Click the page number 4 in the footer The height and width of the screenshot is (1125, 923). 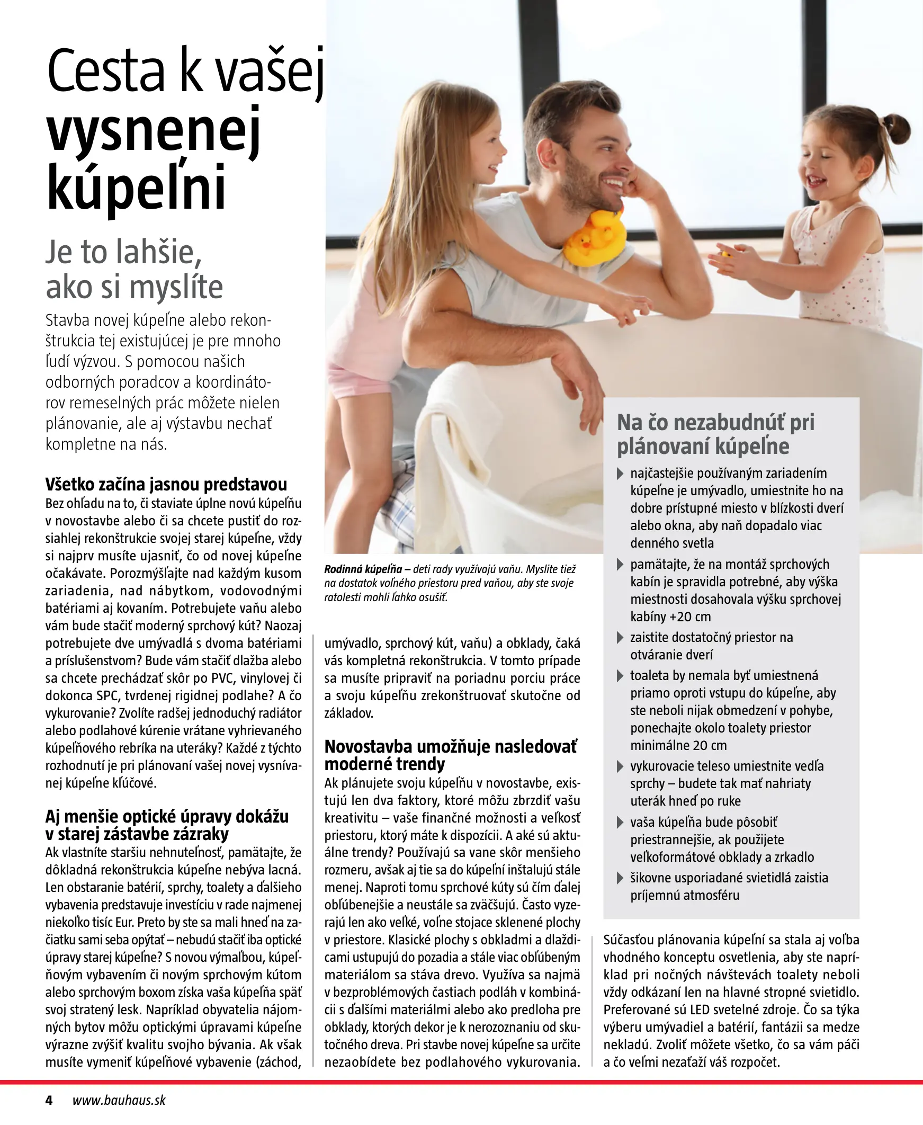click(x=49, y=1100)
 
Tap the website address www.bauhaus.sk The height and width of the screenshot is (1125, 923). click(x=119, y=1100)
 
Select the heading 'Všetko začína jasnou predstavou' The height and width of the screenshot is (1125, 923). click(x=166, y=484)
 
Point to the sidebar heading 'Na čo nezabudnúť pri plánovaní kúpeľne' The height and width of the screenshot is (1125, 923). click(x=715, y=434)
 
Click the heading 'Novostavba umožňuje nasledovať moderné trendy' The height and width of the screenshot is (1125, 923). click(x=450, y=755)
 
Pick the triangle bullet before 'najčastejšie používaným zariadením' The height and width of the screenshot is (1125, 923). click(x=620, y=474)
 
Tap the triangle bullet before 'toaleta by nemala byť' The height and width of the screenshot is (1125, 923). click(x=620, y=676)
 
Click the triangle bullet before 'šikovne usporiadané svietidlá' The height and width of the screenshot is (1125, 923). click(x=620, y=878)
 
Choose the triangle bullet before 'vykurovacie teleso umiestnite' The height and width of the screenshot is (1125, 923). click(x=620, y=766)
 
